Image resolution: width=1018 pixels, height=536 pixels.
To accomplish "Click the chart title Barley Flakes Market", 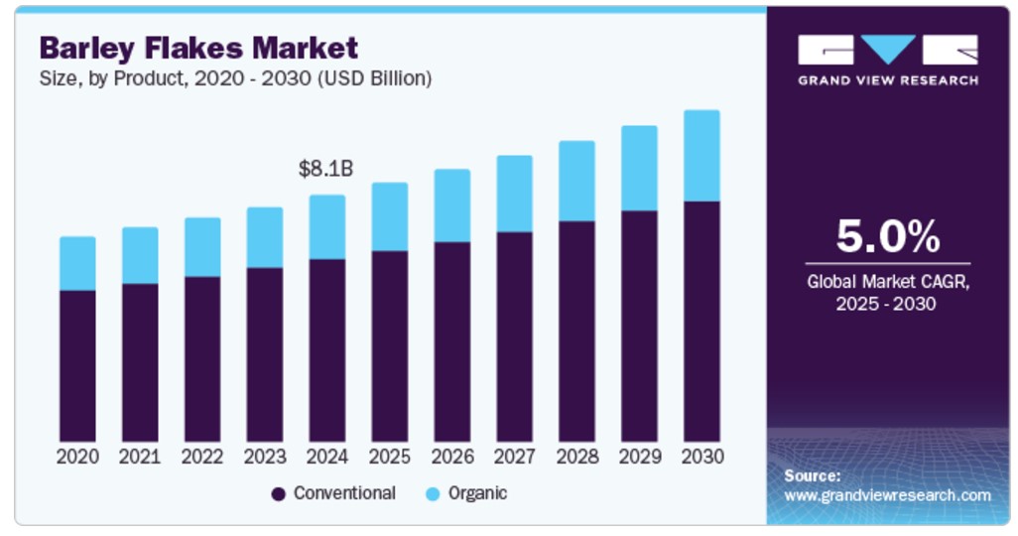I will [198, 47].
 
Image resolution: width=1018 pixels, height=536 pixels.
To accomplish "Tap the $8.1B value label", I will [325, 169].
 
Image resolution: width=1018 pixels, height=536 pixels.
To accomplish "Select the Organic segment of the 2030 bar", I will [701, 156].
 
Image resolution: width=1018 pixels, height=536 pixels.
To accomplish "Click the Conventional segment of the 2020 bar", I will [77, 366].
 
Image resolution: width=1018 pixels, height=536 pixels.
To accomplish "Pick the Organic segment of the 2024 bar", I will [327, 227].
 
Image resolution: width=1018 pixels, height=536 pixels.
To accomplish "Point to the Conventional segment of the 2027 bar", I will [514, 336].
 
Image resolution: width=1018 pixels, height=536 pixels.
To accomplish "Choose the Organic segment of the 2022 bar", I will [202, 247].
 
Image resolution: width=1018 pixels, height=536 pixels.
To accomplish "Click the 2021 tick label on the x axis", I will [140, 457].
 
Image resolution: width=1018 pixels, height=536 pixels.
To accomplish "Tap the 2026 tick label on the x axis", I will [452, 457].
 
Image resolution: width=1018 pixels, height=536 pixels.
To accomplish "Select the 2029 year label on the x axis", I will [639, 457].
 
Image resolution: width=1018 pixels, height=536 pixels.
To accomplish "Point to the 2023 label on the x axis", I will [265, 457].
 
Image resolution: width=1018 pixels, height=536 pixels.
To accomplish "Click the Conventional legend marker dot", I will [279, 493].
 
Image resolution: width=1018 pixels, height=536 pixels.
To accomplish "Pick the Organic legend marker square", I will [433, 493].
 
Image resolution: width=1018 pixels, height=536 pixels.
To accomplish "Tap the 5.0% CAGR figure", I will [887, 237].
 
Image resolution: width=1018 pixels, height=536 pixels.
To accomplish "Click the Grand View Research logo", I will [887, 60].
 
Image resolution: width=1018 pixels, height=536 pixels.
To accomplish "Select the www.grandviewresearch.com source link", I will [887, 494].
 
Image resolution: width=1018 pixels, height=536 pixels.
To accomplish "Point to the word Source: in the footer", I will [812, 475].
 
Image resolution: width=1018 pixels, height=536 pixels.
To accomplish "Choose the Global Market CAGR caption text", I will [887, 293].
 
